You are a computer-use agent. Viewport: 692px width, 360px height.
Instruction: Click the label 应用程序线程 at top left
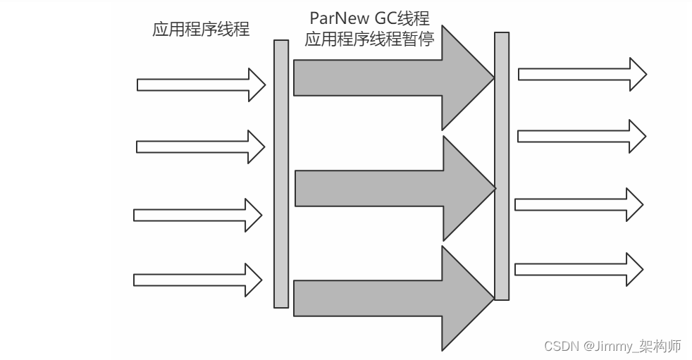[x=201, y=30]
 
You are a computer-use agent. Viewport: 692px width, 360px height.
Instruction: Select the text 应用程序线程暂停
[x=369, y=39]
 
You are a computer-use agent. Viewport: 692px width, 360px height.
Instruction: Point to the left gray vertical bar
[x=281, y=173]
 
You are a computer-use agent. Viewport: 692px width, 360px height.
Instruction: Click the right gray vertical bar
[x=502, y=166]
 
